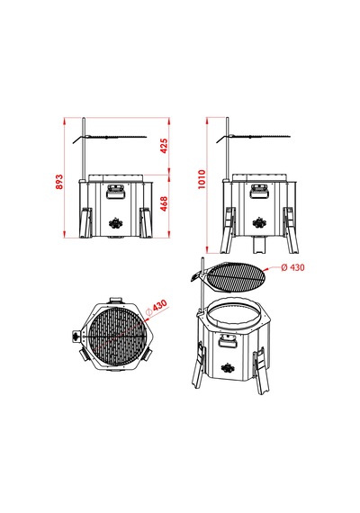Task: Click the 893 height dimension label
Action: coord(58,182)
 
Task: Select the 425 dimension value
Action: coord(164,146)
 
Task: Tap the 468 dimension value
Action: coord(164,203)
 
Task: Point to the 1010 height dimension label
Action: coord(202,179)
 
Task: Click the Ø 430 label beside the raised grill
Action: coord(292,267)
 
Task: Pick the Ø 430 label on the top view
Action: coord(157,308)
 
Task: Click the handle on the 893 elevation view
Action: coord(115,192)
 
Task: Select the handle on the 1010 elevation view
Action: coord(259,192)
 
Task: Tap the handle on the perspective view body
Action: coord(228,341)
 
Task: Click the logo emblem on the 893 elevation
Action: coord(115,223)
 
